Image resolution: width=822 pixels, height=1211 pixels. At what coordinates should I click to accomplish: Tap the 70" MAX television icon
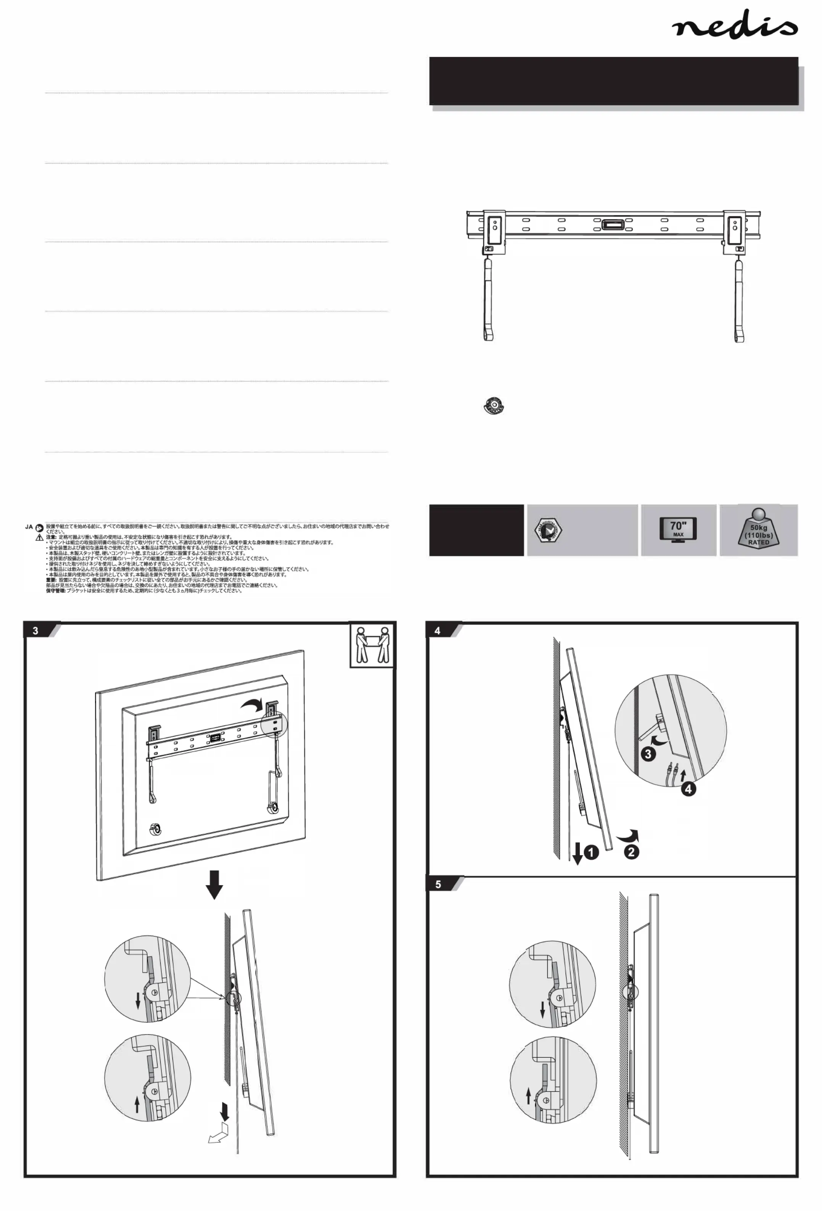[x=677, y=529]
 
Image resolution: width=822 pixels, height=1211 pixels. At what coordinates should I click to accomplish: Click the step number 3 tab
[x=35, y=630]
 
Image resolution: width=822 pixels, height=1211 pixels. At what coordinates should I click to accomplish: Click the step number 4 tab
[x=438, y=630]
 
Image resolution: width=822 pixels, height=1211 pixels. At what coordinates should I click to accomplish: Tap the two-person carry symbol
[x=371, y=645]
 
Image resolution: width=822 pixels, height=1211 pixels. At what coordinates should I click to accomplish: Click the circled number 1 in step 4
[x=591, y=852]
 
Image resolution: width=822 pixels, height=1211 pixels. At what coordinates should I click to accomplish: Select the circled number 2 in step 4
[x=631, y=852]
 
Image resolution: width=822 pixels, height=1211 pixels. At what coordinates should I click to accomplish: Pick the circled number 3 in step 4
[x=648, y=754]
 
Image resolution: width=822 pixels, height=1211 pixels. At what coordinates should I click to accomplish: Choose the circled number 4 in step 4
[x=688, y=789]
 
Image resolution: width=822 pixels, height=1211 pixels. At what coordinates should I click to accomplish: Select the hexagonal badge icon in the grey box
[x=547, y=530]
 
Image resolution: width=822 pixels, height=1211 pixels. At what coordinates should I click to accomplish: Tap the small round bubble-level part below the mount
[x=493, y=405]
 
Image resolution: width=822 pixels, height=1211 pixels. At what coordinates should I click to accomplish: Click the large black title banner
[x=613, y=81]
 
